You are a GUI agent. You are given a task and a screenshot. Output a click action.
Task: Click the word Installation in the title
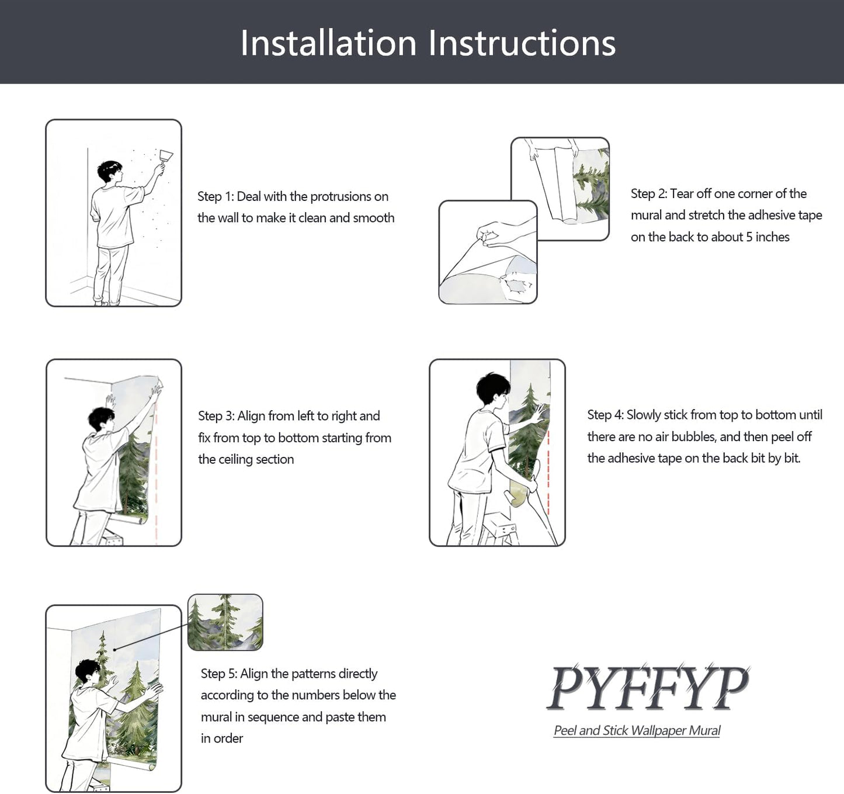(x=328, y=43)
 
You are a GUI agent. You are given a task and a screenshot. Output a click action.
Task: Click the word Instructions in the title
(x=522, y=43)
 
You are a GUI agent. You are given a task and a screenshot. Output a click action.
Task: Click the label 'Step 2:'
(x=649, y=194)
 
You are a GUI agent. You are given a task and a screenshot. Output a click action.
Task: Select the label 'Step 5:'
(x=219, y=674)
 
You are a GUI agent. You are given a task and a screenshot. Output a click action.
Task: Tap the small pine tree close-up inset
(x=225, y=622)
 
